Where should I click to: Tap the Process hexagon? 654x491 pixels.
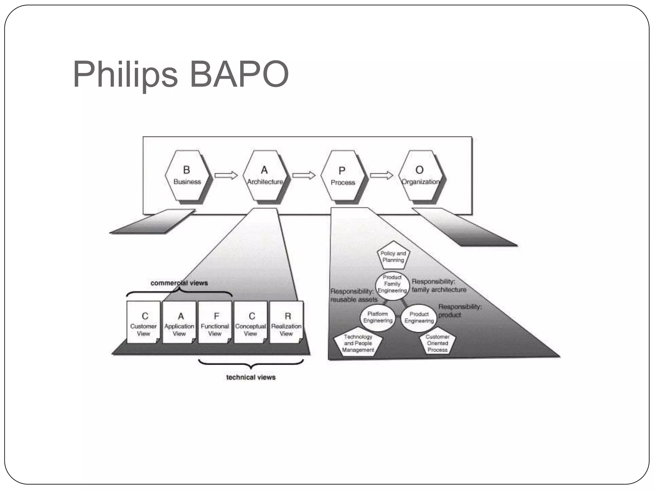point(343,176)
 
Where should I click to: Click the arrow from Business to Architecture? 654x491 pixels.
point(226,175)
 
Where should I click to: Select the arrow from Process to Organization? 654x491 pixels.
point(382,175)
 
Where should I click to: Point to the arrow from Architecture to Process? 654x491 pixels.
point(304,175)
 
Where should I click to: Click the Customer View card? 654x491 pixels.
point(143,322)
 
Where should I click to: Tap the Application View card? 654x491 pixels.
point(179,322)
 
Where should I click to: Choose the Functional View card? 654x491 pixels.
point(215,322)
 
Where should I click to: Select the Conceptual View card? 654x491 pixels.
point(251,322)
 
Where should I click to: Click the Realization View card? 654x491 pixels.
point(286,322)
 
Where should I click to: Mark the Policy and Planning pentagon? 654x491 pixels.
point(393,256)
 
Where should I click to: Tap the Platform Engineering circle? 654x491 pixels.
point(378,317)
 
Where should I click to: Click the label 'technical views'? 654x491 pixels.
point(251,377)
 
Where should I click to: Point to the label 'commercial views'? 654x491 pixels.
point(179,283)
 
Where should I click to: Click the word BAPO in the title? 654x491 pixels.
point(239,74)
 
